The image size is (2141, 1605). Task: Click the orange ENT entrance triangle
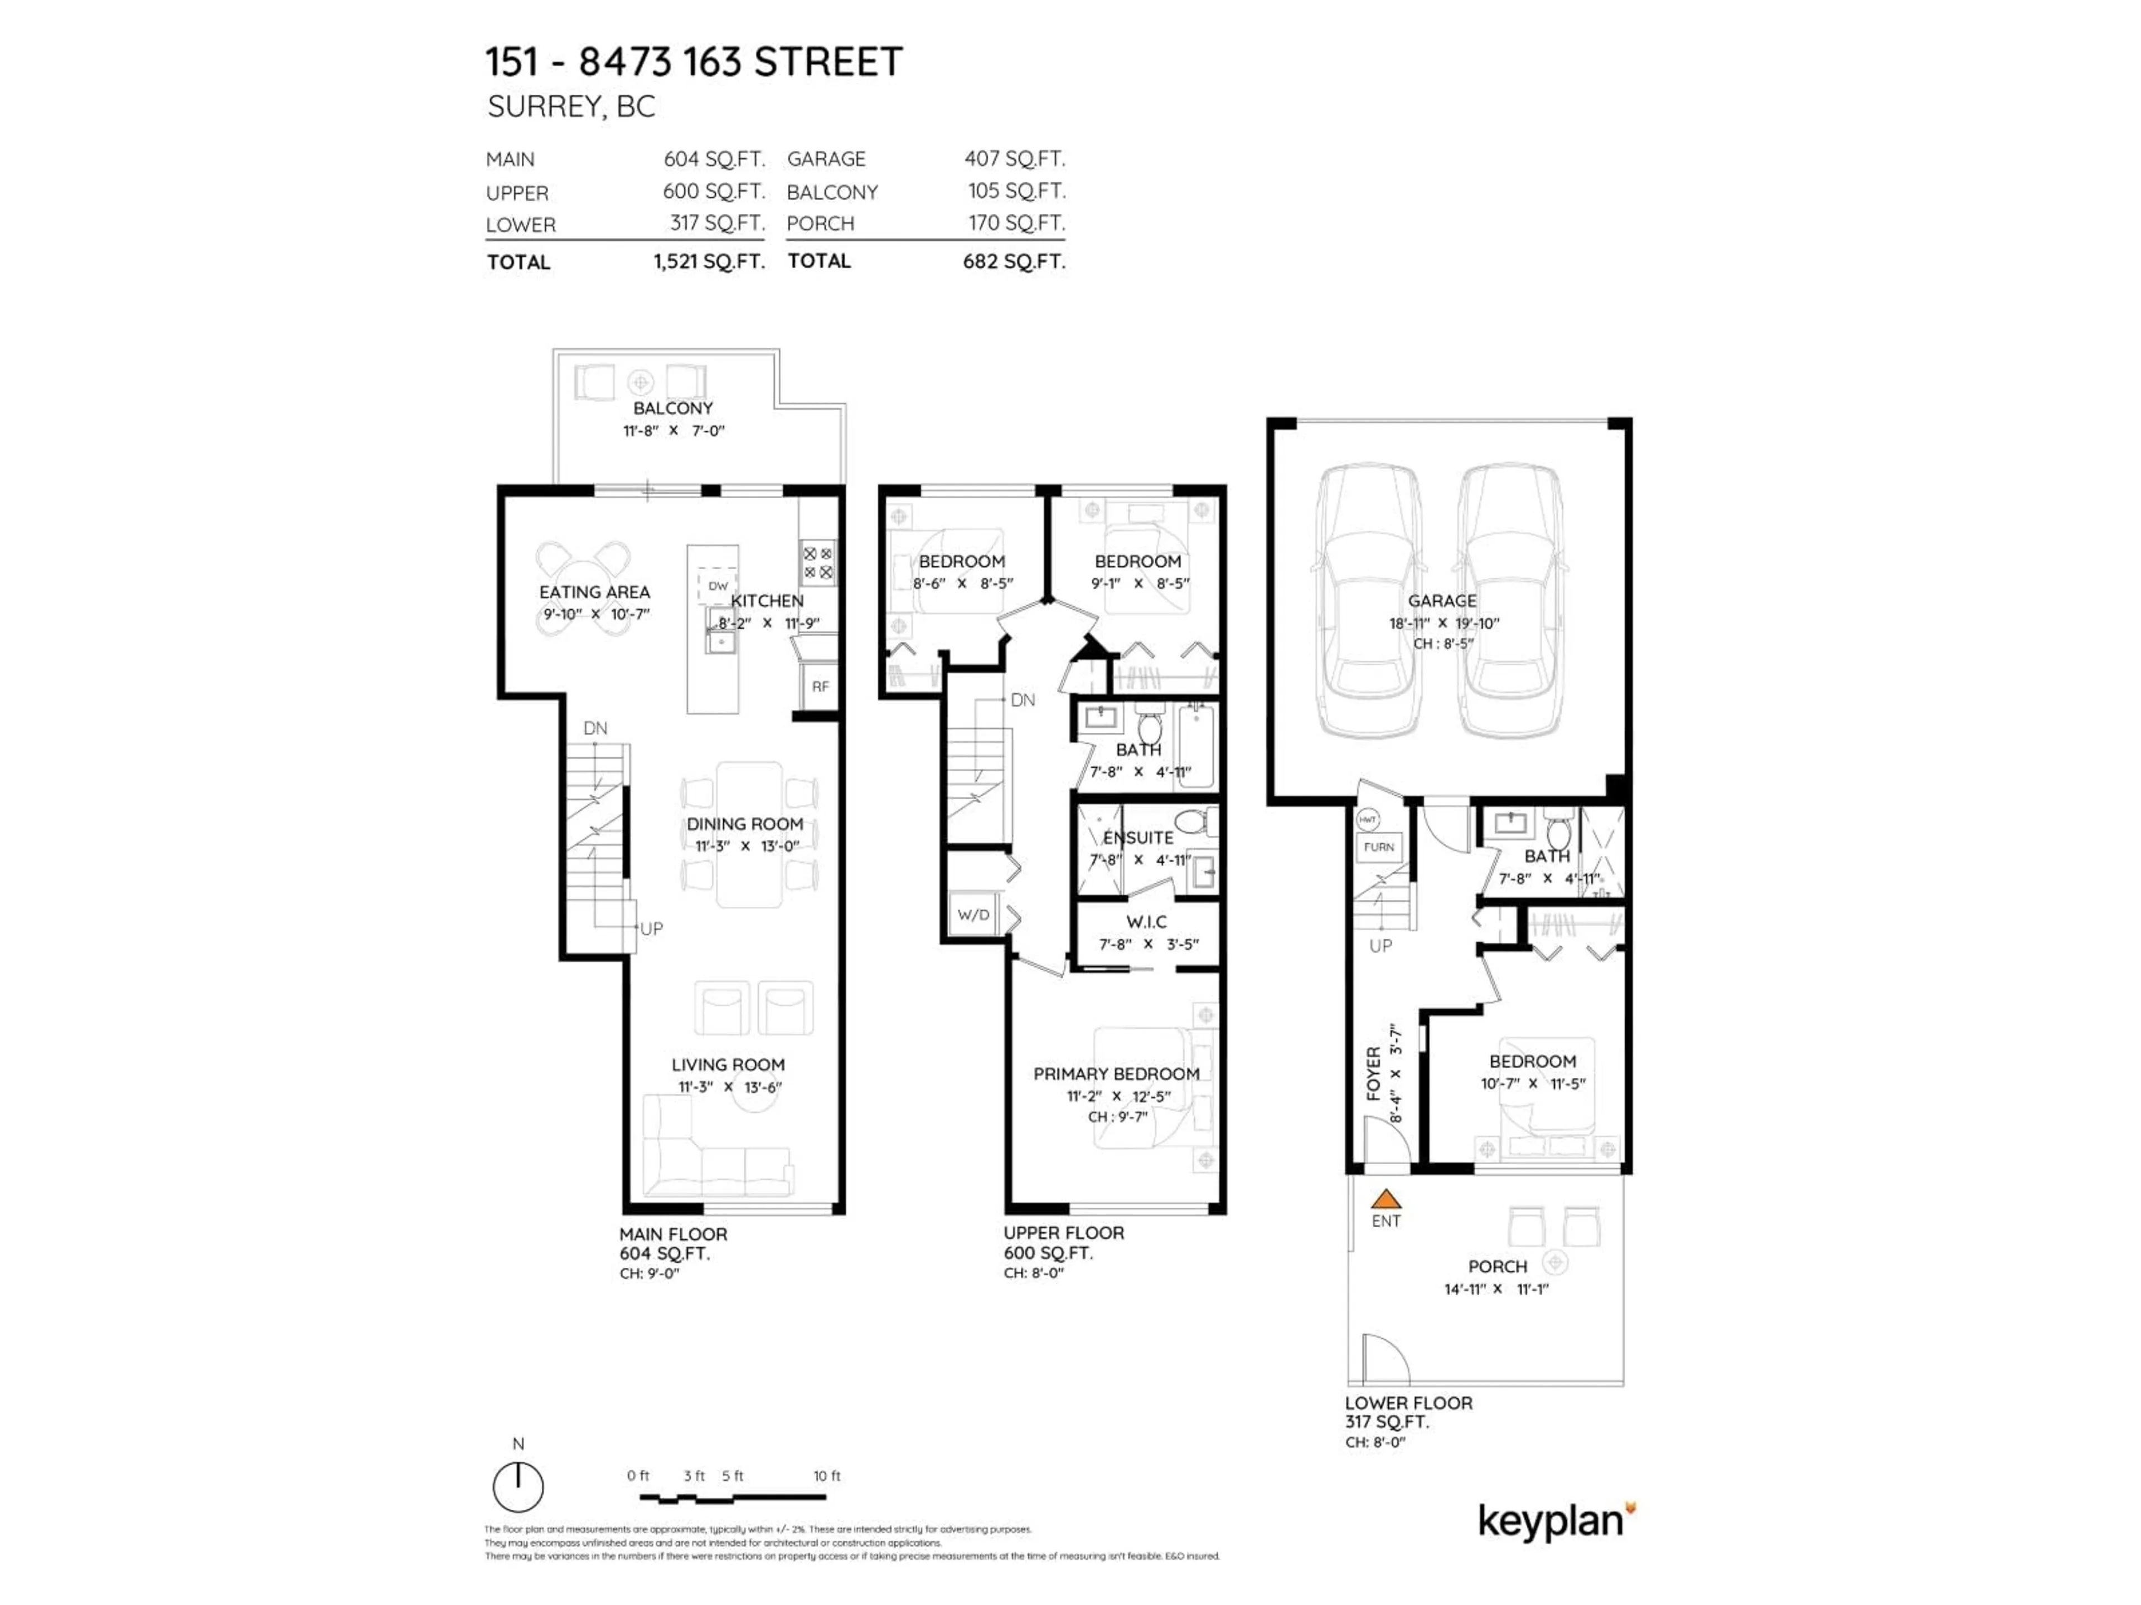point(1385,1200)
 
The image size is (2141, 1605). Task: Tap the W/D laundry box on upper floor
point(973,915)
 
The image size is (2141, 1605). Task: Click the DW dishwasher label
point(717,585)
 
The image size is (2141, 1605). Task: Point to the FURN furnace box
point(1378,847)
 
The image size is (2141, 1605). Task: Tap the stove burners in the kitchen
point(818,562)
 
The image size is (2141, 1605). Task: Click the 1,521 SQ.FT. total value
point(709,262)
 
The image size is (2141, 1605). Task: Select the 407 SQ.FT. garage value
point(1014,159)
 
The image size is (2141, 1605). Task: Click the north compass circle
point(518,1487)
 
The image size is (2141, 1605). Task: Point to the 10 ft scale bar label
point(827,1475)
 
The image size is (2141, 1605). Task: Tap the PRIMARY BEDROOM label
point(1116,1074)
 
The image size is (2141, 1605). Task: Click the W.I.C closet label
point(1146,922)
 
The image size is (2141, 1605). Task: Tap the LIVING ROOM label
point(728,1064)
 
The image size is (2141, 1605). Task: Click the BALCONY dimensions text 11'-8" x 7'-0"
point(673,431)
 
